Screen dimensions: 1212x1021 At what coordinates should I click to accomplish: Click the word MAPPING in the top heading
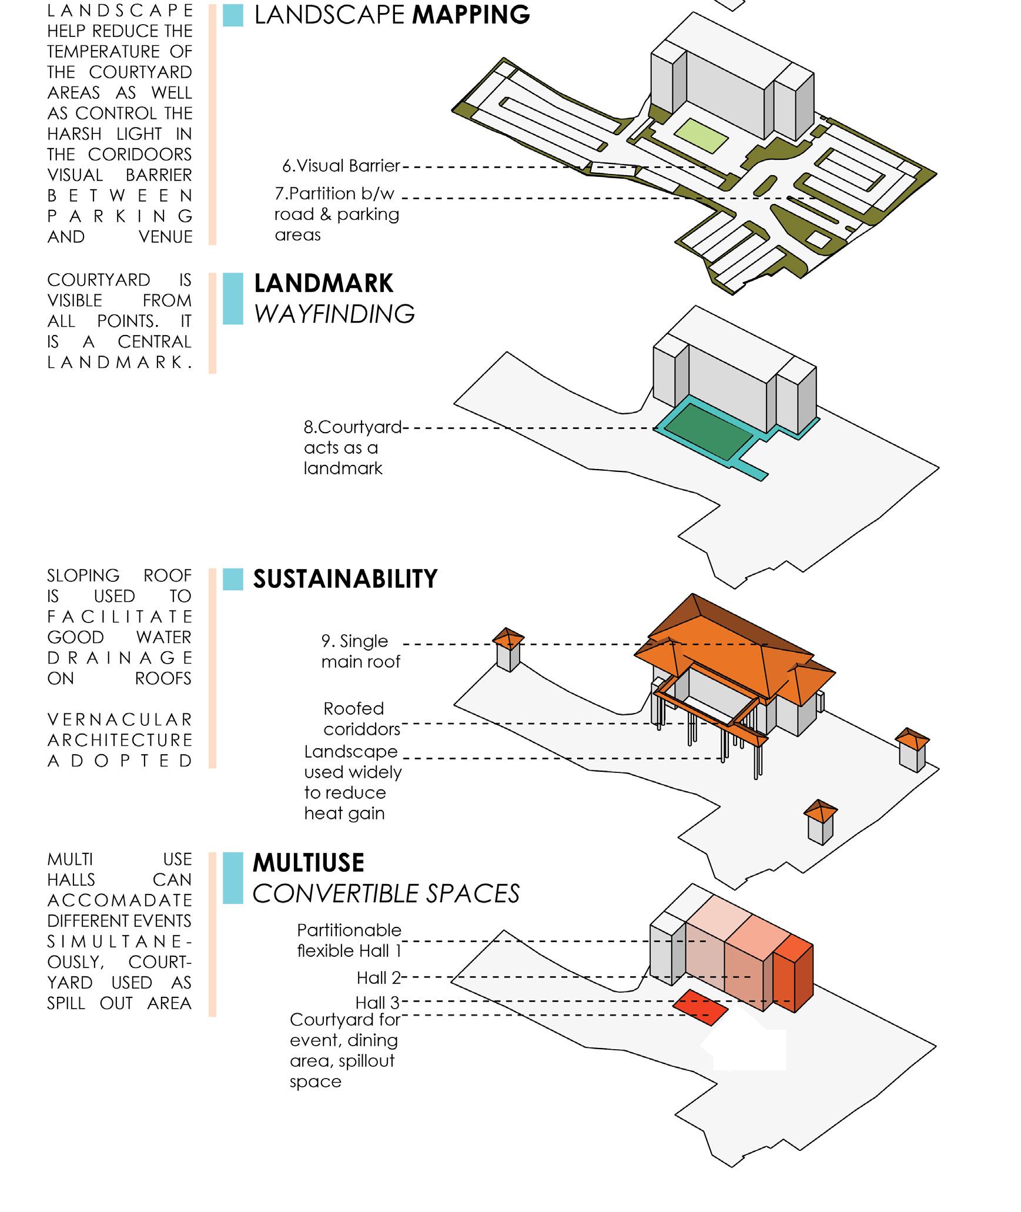click(471, 15)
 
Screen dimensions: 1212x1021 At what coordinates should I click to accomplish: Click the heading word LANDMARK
click(323, 283)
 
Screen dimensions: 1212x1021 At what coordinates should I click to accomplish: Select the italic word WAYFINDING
click(334, 314)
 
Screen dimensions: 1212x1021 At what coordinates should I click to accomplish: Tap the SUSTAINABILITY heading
click(345, 579)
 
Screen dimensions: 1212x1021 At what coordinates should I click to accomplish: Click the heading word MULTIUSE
click(309, 863)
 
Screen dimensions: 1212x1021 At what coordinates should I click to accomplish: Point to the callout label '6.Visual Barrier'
click(341, 166)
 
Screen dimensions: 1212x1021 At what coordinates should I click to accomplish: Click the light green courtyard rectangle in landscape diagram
click(701, 136)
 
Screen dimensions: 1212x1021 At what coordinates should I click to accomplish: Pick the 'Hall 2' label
click(379, 978)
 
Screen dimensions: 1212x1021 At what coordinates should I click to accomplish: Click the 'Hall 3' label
click(377, 1002)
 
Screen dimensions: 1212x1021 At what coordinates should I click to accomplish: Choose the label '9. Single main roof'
click(360, 651)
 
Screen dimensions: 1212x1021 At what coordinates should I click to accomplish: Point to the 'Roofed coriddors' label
click(361, 719)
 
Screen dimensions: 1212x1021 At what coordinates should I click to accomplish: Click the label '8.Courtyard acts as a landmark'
click(352, 447)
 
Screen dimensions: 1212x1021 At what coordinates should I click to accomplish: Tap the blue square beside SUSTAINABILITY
click(233, 579)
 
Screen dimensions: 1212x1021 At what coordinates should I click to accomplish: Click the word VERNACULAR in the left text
click(119, 719)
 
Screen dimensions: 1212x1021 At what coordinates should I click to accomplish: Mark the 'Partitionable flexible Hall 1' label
click(349, 940)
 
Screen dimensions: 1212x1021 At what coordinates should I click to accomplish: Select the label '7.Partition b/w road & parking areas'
click(337, 214)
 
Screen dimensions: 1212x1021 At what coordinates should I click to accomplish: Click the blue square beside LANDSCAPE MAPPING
click(233, 15)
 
